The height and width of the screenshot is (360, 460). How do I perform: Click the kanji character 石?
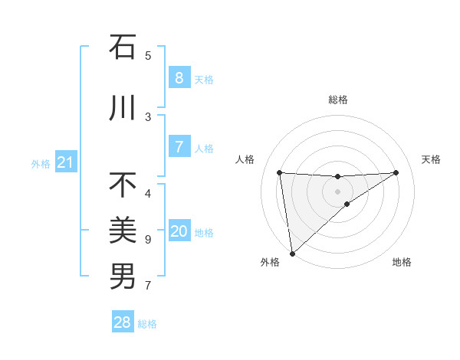pos(123,47)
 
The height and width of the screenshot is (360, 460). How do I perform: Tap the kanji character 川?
pos(123,109)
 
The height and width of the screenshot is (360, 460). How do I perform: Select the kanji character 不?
pos(123,185)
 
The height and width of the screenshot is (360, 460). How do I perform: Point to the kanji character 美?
pos(123,230)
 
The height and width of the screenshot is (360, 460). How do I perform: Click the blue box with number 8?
pos(179,78)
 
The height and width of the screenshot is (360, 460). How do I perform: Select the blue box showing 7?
pos(179,147)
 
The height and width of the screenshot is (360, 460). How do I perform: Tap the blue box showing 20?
pos(179,231)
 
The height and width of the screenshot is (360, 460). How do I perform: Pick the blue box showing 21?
pos(65,162)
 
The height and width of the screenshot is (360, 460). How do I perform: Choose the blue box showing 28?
pos(123,322)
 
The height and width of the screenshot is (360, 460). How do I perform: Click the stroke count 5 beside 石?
pos(148,55)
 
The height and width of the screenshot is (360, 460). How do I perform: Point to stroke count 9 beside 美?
pos(148,240)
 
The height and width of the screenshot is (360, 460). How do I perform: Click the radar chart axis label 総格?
pos(337,100)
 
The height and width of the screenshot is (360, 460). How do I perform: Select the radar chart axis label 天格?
pos(431,159)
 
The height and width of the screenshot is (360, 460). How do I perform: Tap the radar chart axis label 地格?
pos(402,262)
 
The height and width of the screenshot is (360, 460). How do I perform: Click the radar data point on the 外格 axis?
pos(292,253)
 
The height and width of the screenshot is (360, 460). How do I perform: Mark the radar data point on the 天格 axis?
pos(396,172)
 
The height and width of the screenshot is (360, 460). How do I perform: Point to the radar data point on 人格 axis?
pos(279,172)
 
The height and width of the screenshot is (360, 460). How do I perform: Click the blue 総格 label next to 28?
pos(147,324)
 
